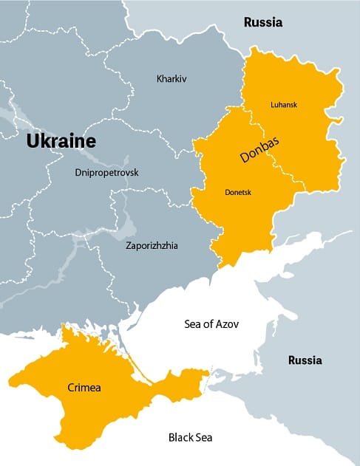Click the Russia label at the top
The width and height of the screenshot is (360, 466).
[263, 23]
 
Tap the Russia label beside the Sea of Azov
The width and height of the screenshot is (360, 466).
[305, 361]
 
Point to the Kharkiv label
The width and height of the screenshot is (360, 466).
[171, 78]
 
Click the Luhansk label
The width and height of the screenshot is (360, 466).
[284, 105]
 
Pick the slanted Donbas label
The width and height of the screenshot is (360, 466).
[258, 148]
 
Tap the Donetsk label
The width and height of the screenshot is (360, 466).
[237, 192]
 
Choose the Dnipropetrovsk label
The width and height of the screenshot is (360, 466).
[106, 173]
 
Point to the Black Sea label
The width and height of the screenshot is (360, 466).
[190, 436]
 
